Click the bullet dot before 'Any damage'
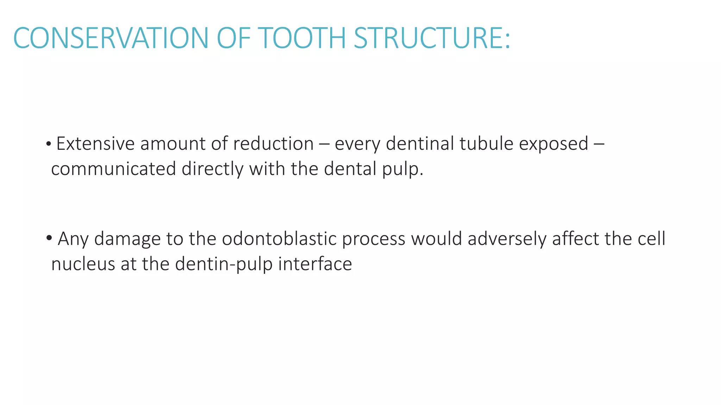point(49,238)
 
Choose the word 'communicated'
point(113,169)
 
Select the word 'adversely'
point(507,239)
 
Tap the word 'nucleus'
point(83,264)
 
